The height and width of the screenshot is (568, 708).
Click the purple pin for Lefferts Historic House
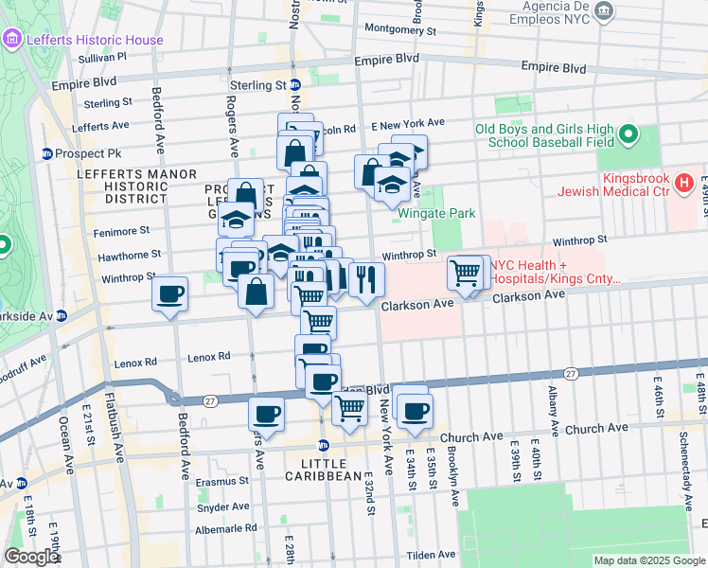[x=11, y=39]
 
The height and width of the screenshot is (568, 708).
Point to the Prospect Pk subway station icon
[x=45, y=153]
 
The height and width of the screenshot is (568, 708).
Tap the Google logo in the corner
[x=31, y=557]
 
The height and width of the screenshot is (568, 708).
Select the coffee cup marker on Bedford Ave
[x=170, y=294]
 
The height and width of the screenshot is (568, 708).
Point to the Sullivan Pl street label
[x=103, y=58]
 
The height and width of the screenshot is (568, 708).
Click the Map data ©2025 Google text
[x=649, y=560]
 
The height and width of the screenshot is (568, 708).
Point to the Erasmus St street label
[x=221, y=480]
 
